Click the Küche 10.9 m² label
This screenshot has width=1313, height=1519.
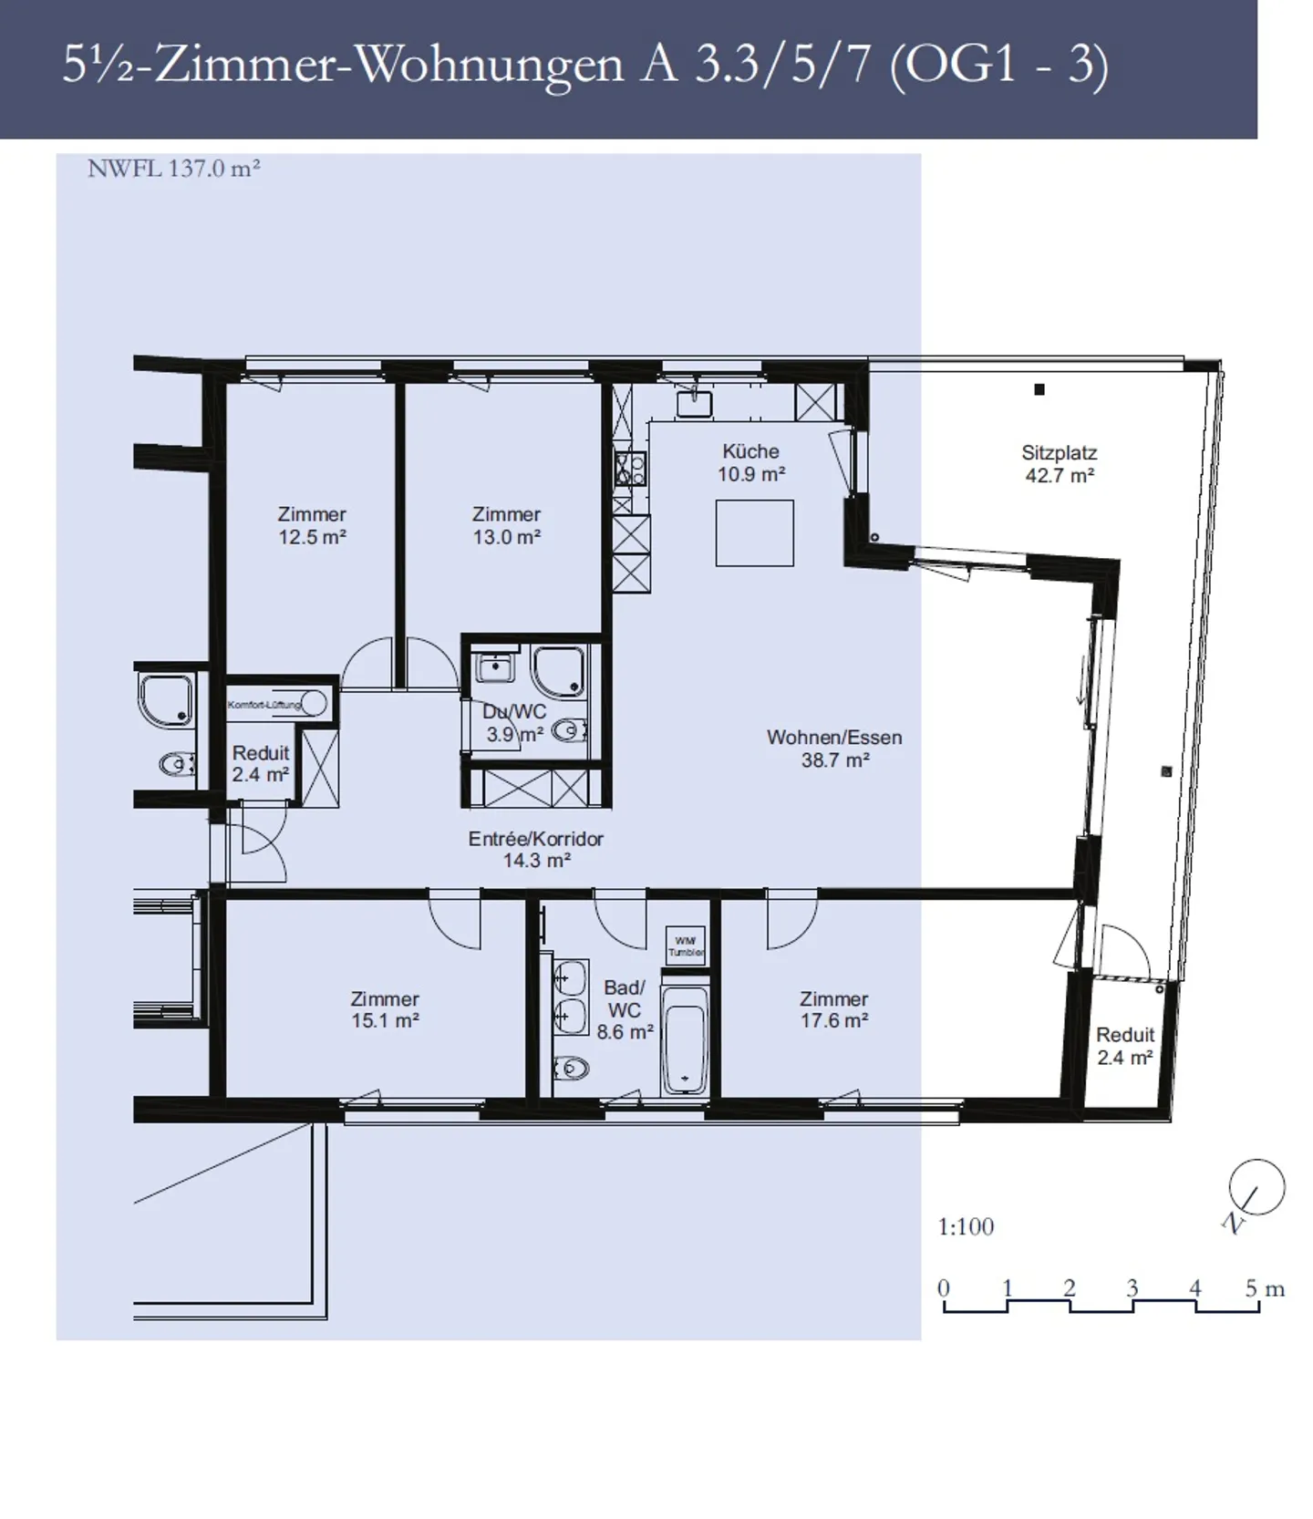point(750,462)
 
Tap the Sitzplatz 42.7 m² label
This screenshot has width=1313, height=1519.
point(1059,463)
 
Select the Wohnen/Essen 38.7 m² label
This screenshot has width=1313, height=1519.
point(833,748)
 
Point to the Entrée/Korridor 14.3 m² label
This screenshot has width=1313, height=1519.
point(536,849)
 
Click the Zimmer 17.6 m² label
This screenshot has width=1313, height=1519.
point(833,1009)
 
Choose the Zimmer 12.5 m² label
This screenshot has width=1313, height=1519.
point(312,525)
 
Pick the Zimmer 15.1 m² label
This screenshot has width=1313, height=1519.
point(385,1009)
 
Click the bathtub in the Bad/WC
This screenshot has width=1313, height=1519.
point(684,1041)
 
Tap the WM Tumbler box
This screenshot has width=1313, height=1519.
point(686,946)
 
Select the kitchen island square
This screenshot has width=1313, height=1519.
point(754,533)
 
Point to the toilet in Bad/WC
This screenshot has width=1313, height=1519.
point(571,1066)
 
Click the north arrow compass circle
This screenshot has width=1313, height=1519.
point(1256,1187)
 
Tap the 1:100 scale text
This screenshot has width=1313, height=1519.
point(966,1226)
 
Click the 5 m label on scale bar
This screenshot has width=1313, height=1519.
point(1265,1288)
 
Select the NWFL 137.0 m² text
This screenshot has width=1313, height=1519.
point(174,169)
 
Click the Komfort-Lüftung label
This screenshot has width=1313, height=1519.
point(264,704)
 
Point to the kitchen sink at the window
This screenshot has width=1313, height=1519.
point(694,401)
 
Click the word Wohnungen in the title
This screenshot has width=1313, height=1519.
point(488,66)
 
